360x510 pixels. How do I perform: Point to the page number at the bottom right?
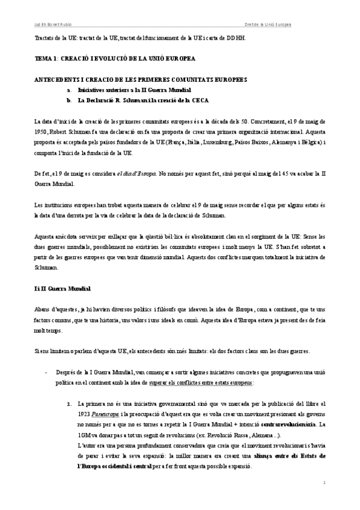point(323,483)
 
